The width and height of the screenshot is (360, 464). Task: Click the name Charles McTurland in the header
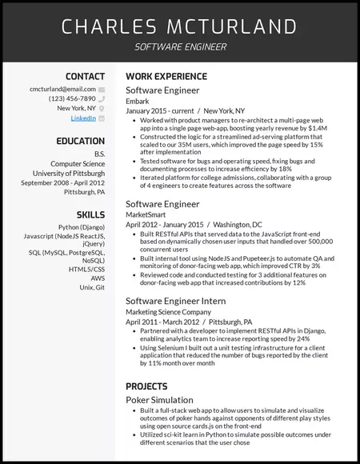tap(179, 26)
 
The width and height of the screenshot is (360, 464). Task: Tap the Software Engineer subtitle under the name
tap(179, 47)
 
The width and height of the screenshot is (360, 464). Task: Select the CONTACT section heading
tap(86, 75)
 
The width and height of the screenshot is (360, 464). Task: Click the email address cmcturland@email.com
tap(62, 90)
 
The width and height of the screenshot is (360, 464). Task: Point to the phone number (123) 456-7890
tap(72, 98)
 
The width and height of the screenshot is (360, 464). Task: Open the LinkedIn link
tap(83, 118)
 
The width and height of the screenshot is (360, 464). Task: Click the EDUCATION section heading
tap(80, 141)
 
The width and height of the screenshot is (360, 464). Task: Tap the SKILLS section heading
tap(90, 214)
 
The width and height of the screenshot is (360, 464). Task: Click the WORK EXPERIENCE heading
tap(166, 76)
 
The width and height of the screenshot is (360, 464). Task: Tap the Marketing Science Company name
tap(168, 311)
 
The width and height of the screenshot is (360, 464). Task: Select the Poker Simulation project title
tap(159, 399)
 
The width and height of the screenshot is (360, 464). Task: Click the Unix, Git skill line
tap(90, 288)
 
